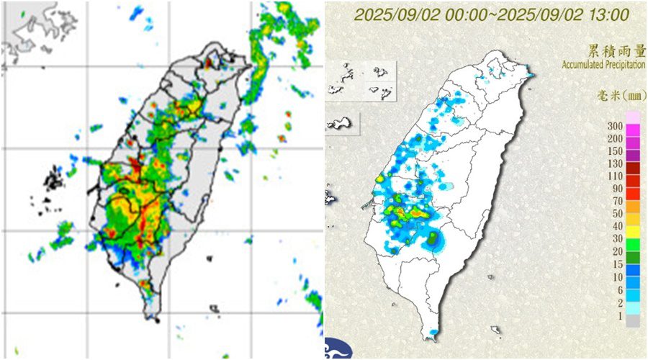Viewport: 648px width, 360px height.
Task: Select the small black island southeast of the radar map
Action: click(214, 309)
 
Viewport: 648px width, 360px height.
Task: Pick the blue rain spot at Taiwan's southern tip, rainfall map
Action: click(432, 333)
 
